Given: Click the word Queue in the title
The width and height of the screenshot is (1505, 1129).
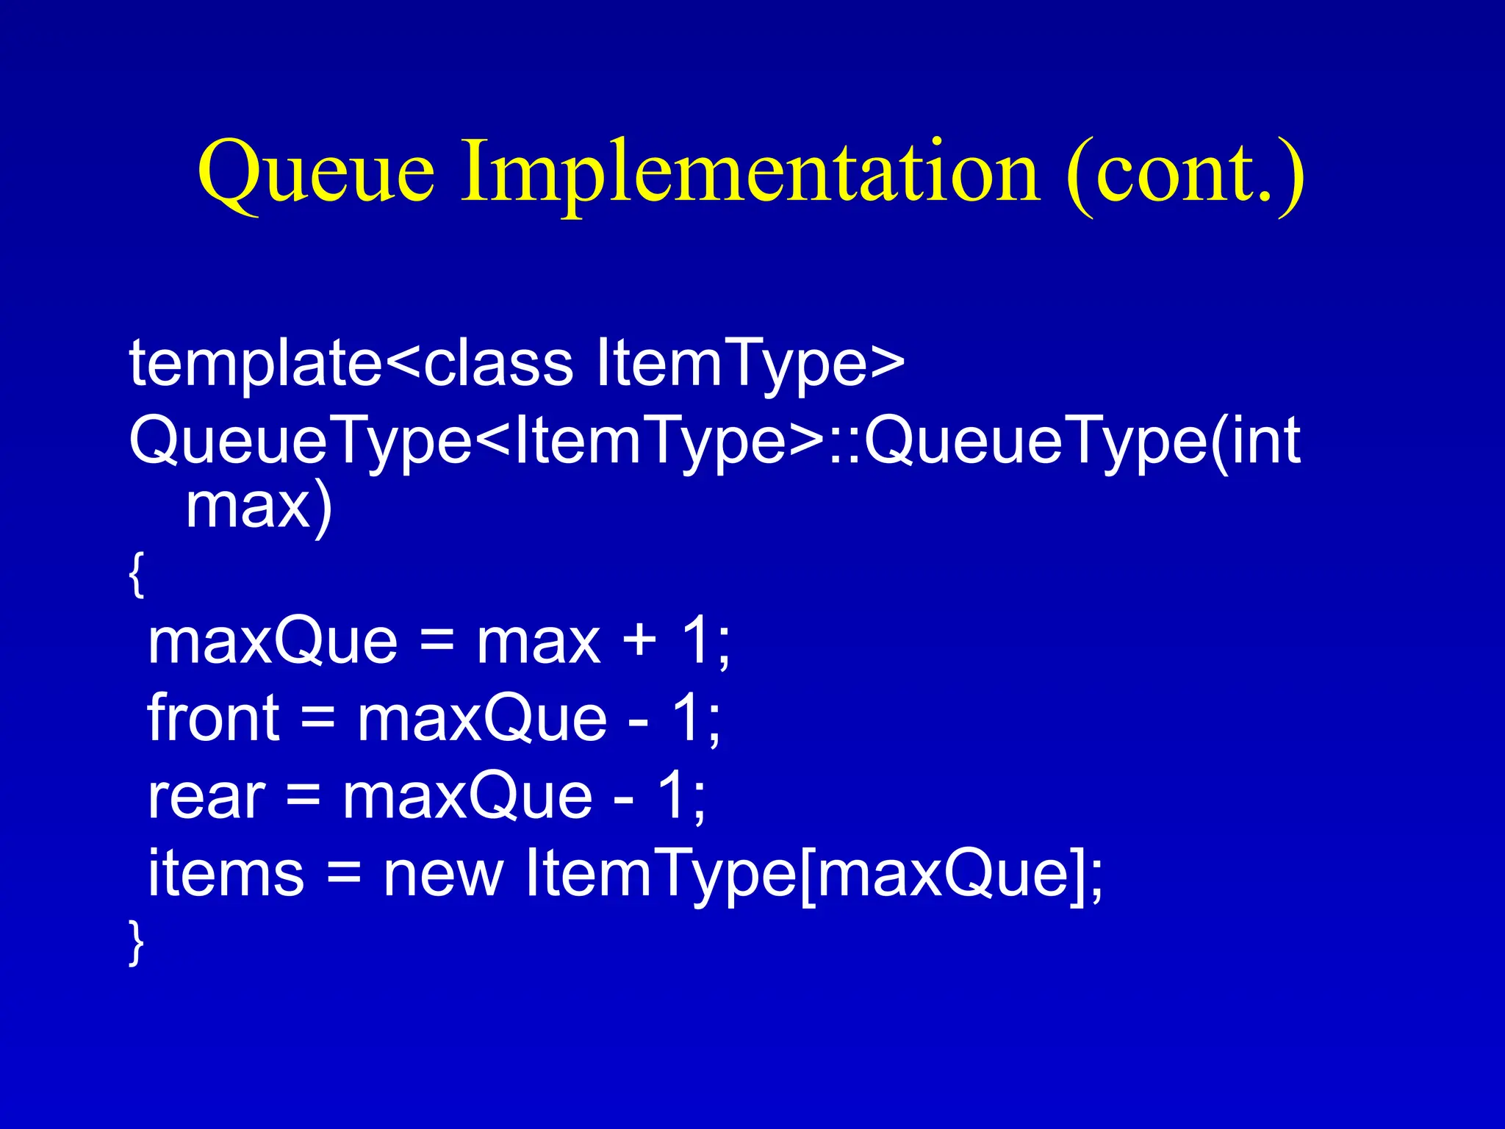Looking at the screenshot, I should click(316, 173).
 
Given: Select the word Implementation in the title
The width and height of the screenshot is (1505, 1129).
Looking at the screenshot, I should click(750, 173).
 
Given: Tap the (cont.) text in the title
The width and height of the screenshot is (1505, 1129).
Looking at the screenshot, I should click(1185, 173).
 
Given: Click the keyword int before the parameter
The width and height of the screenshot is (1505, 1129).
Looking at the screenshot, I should click(1265, 441).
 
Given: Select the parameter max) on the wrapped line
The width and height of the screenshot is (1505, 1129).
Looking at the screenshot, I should click(259, 507).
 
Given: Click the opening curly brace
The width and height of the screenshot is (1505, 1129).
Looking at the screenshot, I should click(136, 574).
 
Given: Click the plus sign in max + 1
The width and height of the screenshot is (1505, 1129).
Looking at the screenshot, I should click(639, 639).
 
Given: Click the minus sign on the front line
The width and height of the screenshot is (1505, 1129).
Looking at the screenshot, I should click(639, 720).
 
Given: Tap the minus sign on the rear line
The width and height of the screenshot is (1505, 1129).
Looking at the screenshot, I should click(624, 798).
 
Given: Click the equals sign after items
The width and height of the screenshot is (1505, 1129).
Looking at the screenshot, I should click(344, 875).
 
